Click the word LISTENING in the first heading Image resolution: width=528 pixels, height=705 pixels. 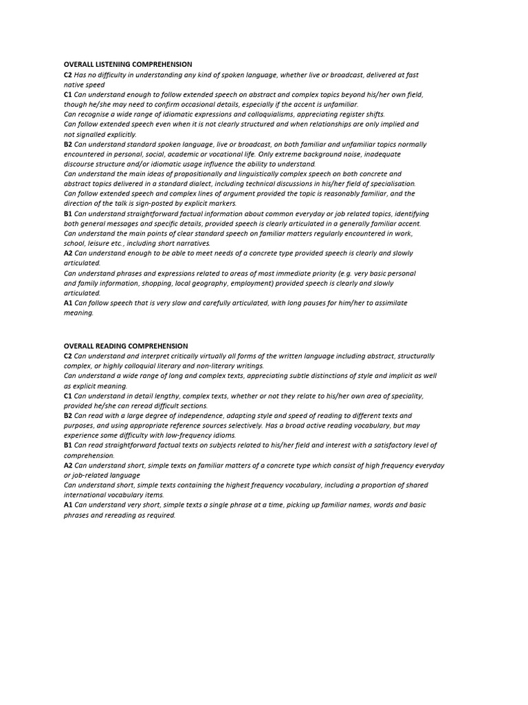[113, 65]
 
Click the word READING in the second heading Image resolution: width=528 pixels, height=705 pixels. [113, 346]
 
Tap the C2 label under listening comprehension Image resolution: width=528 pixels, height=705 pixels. [68, 75]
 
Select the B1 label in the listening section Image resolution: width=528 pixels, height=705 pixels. [68, 214]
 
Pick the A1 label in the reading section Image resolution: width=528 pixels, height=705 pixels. [68, 505]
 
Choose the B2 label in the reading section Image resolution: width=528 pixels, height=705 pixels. [68, 416]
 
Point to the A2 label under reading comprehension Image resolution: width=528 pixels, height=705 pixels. [68, 465]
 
